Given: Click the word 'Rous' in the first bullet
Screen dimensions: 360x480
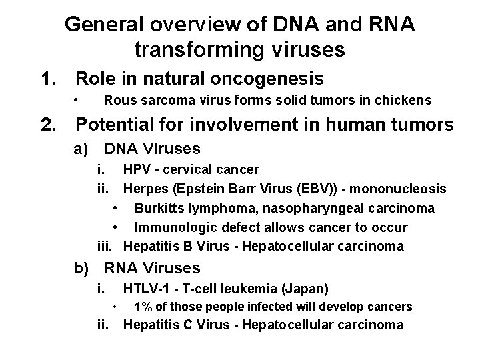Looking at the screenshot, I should [x=118, y=101].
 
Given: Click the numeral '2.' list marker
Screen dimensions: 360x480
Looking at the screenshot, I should [x=50, y=124].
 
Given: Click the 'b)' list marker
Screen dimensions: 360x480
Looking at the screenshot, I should [x=82, y=268].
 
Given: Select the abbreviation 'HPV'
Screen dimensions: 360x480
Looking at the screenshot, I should [x=137, y=170].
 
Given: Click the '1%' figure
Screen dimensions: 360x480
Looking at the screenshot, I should [x=144, y=307].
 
